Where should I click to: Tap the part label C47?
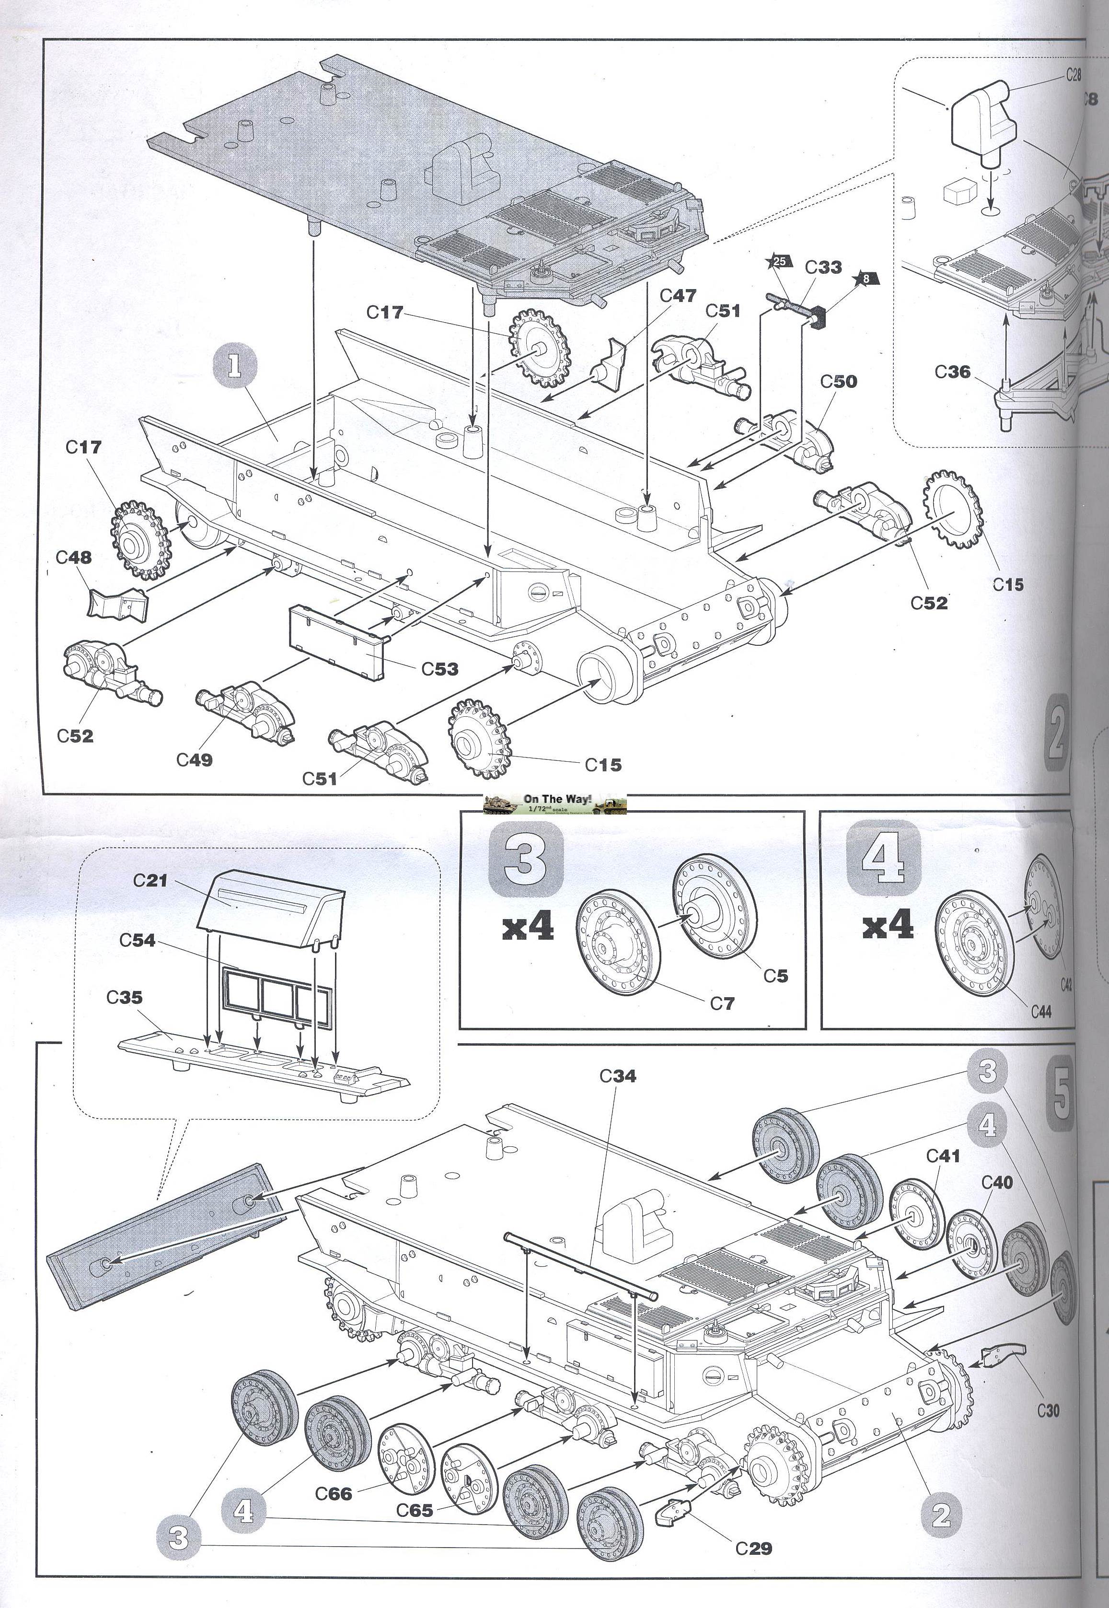pyautogui.click(x=678, y=296)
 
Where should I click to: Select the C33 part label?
pyautogui.click(x=823, y=268)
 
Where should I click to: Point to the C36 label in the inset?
pyautogui.click(x=952, y=372)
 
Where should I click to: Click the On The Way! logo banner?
pyautogui.click(x=554, y=804)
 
